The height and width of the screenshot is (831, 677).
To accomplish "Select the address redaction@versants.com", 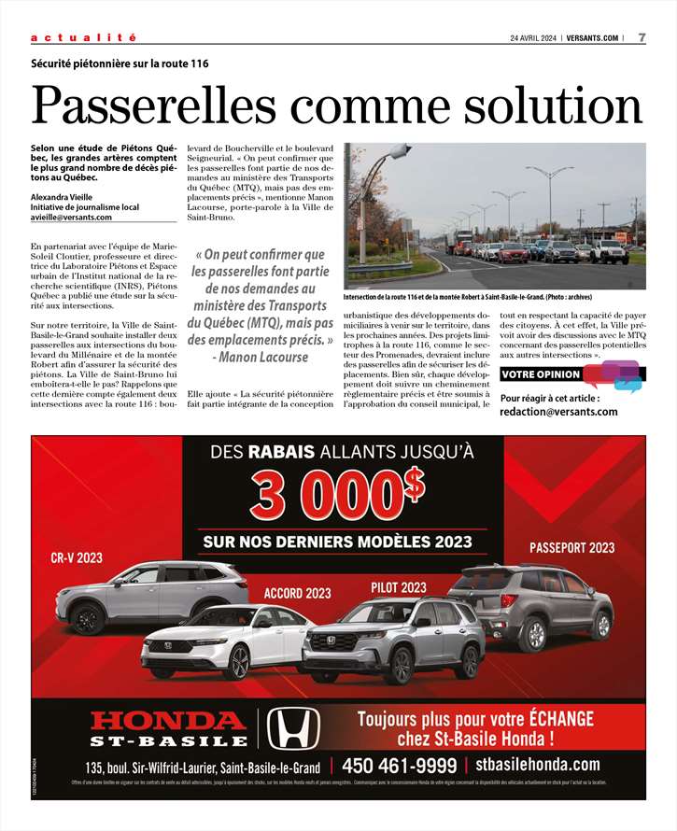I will [x=558, y=411].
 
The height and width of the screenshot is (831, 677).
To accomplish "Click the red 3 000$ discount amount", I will [x=337, y=495].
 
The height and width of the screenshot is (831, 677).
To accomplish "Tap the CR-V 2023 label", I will [x=77, y=557].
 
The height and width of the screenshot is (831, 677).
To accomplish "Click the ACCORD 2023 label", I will [x=297, y=593].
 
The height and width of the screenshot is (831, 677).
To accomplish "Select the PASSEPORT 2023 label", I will [x=571, y=547].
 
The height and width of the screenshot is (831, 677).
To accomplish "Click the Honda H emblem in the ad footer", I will [x=294, y=728].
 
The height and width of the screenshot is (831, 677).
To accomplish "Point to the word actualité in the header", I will [x=83, y=37].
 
